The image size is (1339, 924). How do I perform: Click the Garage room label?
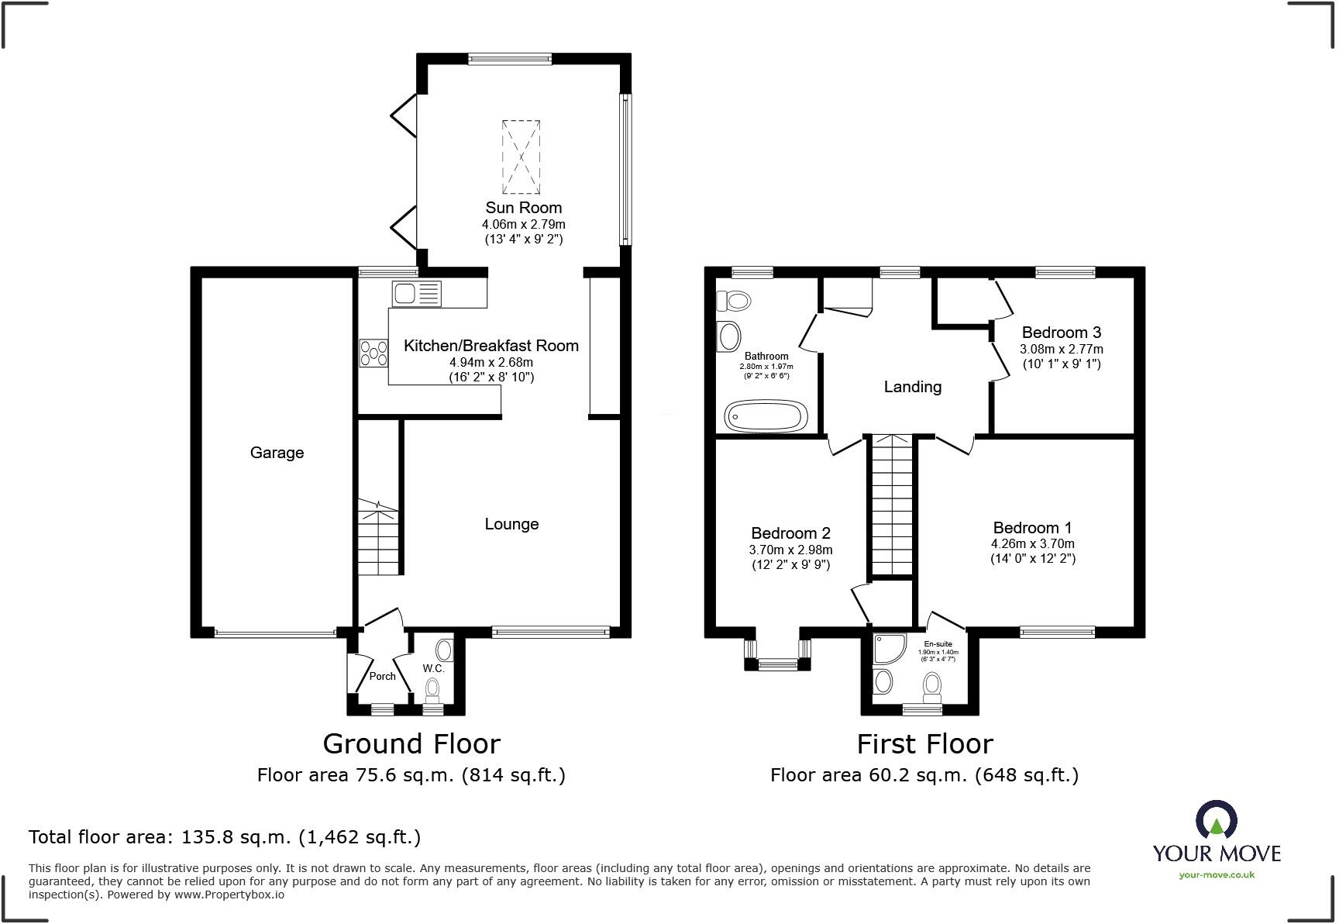click(277, 453)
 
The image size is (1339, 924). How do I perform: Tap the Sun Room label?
click(524, 208)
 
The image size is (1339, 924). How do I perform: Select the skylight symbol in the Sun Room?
click(521, 157)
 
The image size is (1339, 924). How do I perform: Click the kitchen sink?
click(417, 294)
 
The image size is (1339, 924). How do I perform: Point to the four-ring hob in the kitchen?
click(373, 353)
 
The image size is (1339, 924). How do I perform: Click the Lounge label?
click(511, 524)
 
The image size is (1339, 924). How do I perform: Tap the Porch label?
click(382, 676)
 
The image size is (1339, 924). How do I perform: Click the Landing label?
click(913, 387)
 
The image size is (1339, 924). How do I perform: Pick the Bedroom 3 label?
click(1062, 333)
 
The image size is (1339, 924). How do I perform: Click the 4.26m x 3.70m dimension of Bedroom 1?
click(1033, 544)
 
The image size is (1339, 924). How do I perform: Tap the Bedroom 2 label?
click(790, 533)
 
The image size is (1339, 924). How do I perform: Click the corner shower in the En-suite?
click(887, 649)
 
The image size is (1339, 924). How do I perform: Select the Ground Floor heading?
click(411, 744)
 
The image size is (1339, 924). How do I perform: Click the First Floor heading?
click(924, 744)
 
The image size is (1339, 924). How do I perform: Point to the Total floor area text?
click(225, 837)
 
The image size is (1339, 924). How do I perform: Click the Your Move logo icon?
click(1217, 819)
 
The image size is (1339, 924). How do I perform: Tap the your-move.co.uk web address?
click(1217, 875)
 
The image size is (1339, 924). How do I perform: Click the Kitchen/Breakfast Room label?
click(491, 346)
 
